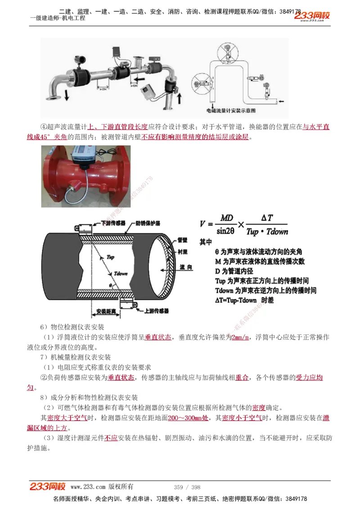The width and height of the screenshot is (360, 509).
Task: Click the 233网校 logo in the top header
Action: pos(312,16)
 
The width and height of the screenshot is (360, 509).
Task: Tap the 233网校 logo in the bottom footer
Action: pos(48,487)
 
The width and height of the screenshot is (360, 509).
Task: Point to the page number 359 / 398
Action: pos(187,487)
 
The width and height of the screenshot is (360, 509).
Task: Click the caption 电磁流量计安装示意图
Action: pos(231,110)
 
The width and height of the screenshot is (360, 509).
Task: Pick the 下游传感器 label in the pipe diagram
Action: pos(113,223)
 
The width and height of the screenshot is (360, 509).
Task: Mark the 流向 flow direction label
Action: pos(185,267)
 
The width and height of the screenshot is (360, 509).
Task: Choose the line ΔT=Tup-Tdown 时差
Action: pos(244,300)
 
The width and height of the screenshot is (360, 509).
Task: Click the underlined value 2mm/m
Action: pos(240,338)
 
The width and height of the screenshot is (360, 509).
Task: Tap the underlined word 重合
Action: pos(242,378)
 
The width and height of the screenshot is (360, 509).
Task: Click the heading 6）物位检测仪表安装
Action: pos(72,327)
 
